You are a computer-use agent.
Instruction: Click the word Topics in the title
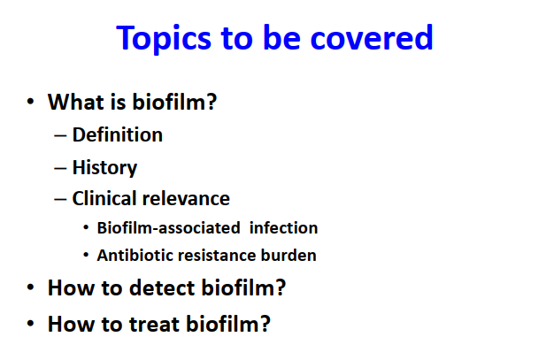(164, 39)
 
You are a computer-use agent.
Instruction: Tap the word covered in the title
(372, 37)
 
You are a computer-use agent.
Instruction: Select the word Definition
(118, 134)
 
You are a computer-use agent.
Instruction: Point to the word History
(104, 168)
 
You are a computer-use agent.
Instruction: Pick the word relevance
(186, 198)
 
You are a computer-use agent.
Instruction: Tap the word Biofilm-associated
(168, 228)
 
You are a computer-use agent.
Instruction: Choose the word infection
(283, 228)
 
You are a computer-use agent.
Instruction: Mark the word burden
(289, 255)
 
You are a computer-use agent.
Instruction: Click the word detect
(162, 287)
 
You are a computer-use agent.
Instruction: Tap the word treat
(154, 324)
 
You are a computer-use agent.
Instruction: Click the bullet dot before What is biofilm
(30, 102)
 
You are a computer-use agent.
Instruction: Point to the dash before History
(60, 169)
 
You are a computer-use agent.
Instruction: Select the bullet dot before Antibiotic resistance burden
(86, 255)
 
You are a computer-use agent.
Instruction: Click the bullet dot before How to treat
(30, 324)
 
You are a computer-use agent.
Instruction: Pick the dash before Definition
(60, 136)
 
